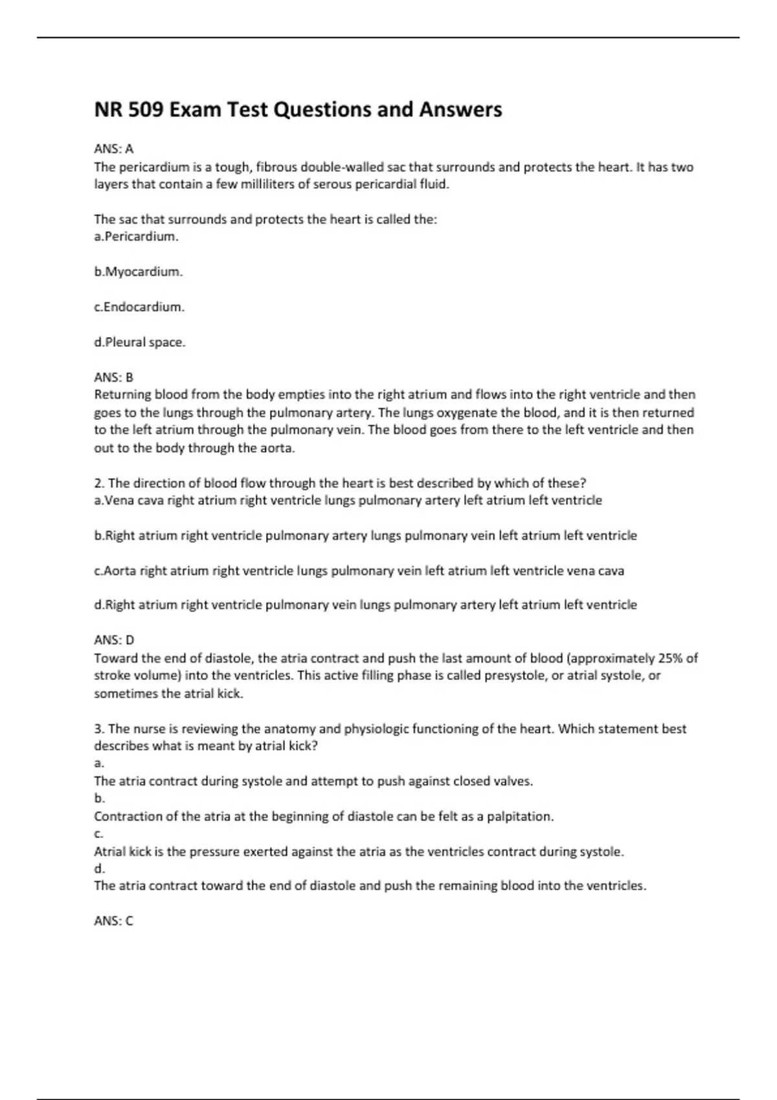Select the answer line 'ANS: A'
coord(113,149)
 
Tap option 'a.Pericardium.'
coord(136,237)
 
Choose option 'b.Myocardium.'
coord(139,272)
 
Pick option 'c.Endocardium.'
coord(139,307)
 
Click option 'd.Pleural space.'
coord(140,342)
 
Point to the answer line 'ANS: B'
coord(113,377)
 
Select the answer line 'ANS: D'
coord(114,640)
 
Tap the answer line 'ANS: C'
coord(113,921)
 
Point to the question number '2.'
coord(99,483)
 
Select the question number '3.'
coord(99,729)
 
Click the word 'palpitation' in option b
coord(520,817)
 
